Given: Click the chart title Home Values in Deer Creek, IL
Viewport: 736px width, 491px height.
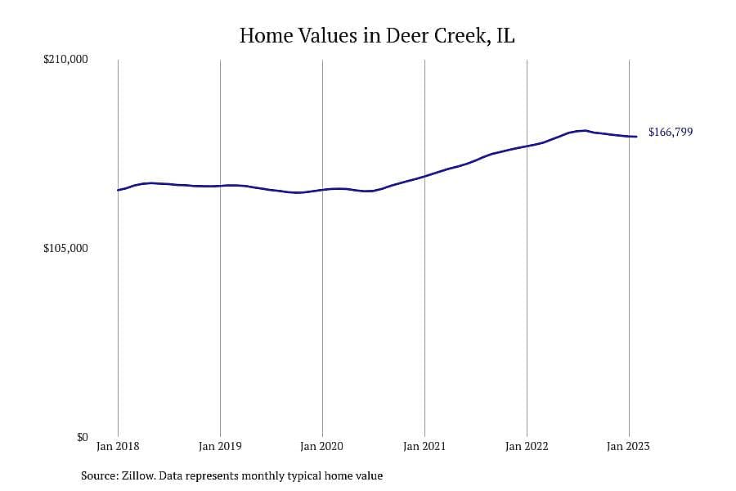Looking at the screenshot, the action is tap(377, 36).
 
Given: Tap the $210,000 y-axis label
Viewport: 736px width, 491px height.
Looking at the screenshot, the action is tap(65, 60).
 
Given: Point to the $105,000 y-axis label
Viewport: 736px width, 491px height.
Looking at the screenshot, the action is tap(65, 248).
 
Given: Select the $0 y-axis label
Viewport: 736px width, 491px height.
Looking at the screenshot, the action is tap(82, 437).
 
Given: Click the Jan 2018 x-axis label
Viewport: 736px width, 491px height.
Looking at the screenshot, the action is tap(118, 446).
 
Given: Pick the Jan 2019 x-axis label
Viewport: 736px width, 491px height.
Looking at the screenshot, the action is tap(220, 446).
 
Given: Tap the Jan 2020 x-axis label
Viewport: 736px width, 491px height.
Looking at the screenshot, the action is tap(322, 446).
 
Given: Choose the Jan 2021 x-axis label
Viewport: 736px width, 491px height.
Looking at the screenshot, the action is tap(424, 446).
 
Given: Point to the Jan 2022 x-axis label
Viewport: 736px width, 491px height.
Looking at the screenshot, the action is tap(527, 446).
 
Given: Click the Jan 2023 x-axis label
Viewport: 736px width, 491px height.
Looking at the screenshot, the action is tap(628, 446).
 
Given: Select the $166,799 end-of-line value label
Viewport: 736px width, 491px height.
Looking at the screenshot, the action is tap(671, 132).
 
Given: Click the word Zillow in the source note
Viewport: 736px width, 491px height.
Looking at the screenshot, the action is tap(138, 475).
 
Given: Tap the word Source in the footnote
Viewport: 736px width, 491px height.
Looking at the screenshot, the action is tap(100, 475).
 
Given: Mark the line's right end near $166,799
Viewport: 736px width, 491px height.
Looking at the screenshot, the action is tap(636, 137).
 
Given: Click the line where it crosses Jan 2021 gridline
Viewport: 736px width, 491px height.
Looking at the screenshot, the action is tap(424, 176).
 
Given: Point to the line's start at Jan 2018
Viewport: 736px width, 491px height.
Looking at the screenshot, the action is tap(118, 190).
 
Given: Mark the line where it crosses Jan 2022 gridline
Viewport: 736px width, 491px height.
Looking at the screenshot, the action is tap(527, 146).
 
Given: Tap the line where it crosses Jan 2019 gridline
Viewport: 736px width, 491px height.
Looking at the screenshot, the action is tap(220, 186).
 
